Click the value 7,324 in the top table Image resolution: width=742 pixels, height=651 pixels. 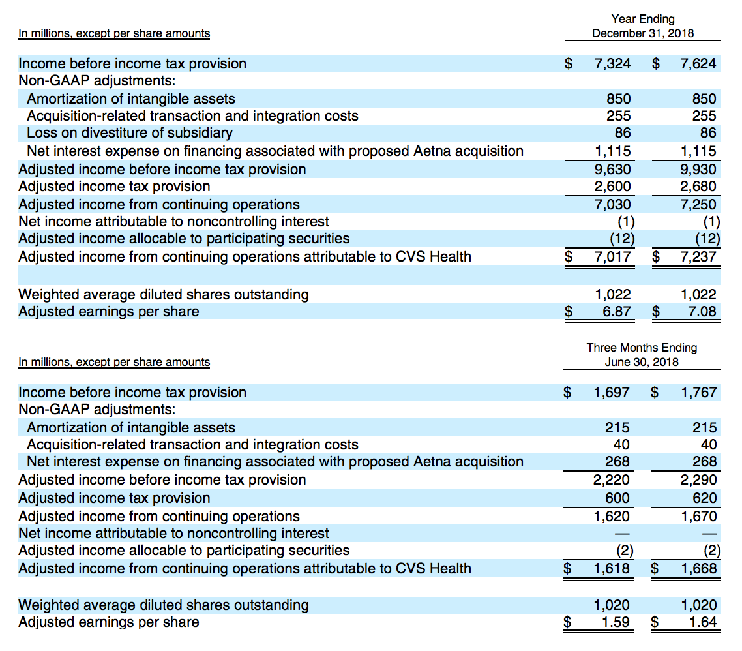(612, 64)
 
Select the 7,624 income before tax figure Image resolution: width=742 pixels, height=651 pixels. (698, 64)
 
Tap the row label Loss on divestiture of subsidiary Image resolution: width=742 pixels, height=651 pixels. (130, 133)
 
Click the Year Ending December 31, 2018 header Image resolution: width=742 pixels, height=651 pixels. (643, 26)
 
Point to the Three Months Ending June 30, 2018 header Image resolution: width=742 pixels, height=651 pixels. (642, 355)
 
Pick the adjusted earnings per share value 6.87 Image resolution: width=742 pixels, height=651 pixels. (617, 312)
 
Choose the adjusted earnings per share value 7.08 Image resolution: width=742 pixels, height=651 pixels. (702, 312)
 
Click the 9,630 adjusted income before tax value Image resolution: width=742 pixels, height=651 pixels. (612, 170)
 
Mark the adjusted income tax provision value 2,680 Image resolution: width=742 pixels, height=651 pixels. (698, 187)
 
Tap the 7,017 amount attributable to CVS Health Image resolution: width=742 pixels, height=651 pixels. (612, 256)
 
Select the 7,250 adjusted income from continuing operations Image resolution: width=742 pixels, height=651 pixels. (698, 205)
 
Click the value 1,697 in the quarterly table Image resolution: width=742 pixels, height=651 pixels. (612, 393)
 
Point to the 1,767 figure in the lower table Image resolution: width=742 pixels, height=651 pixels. (699, 393)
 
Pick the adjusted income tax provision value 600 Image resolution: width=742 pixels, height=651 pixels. (617, 498)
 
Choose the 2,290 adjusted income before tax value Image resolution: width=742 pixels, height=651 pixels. (699, 480)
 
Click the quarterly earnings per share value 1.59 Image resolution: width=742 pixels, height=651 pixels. (616, 622)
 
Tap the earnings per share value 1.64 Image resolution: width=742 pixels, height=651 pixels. (703, 622)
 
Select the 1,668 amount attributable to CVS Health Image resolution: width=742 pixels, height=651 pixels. (699, 569)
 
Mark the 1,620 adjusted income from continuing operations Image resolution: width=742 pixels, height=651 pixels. (612, 516)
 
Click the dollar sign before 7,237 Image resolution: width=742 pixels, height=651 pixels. (656, 256)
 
